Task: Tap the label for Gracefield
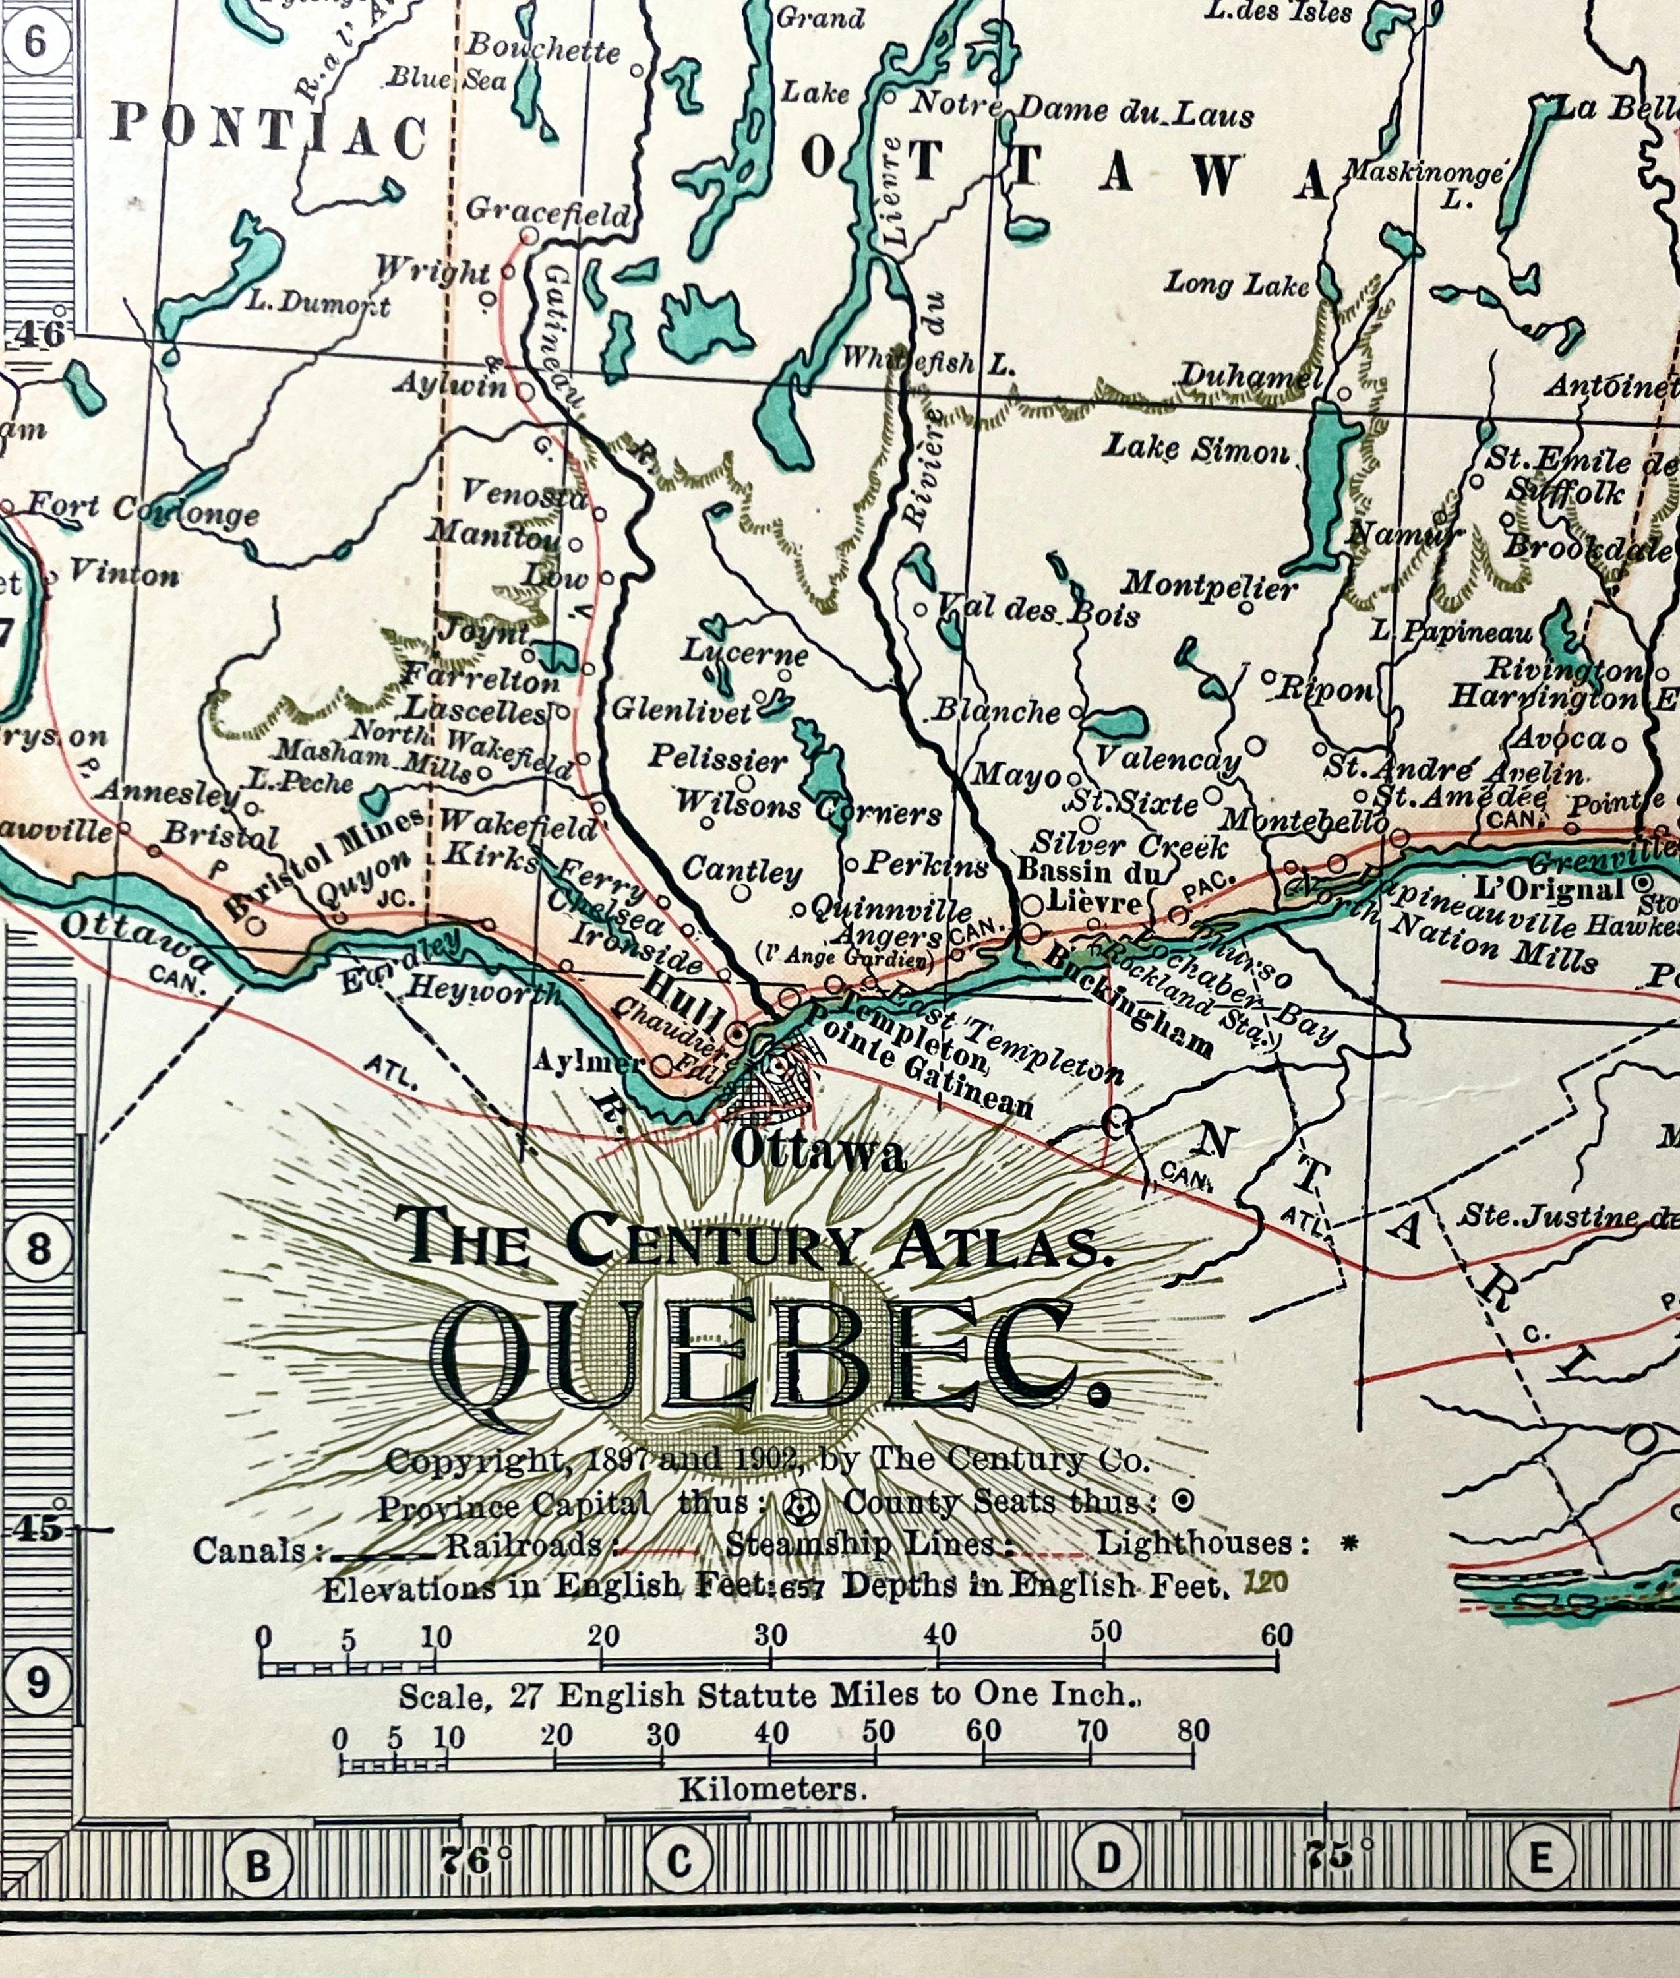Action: tap(548, 212)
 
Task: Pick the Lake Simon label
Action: tap(1196, 448)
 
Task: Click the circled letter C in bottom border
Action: tap(678, 1860)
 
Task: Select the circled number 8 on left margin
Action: tap(38, 1247)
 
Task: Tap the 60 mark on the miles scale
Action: tap(1276, 1635)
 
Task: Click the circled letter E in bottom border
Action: tap(1539, 1858)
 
